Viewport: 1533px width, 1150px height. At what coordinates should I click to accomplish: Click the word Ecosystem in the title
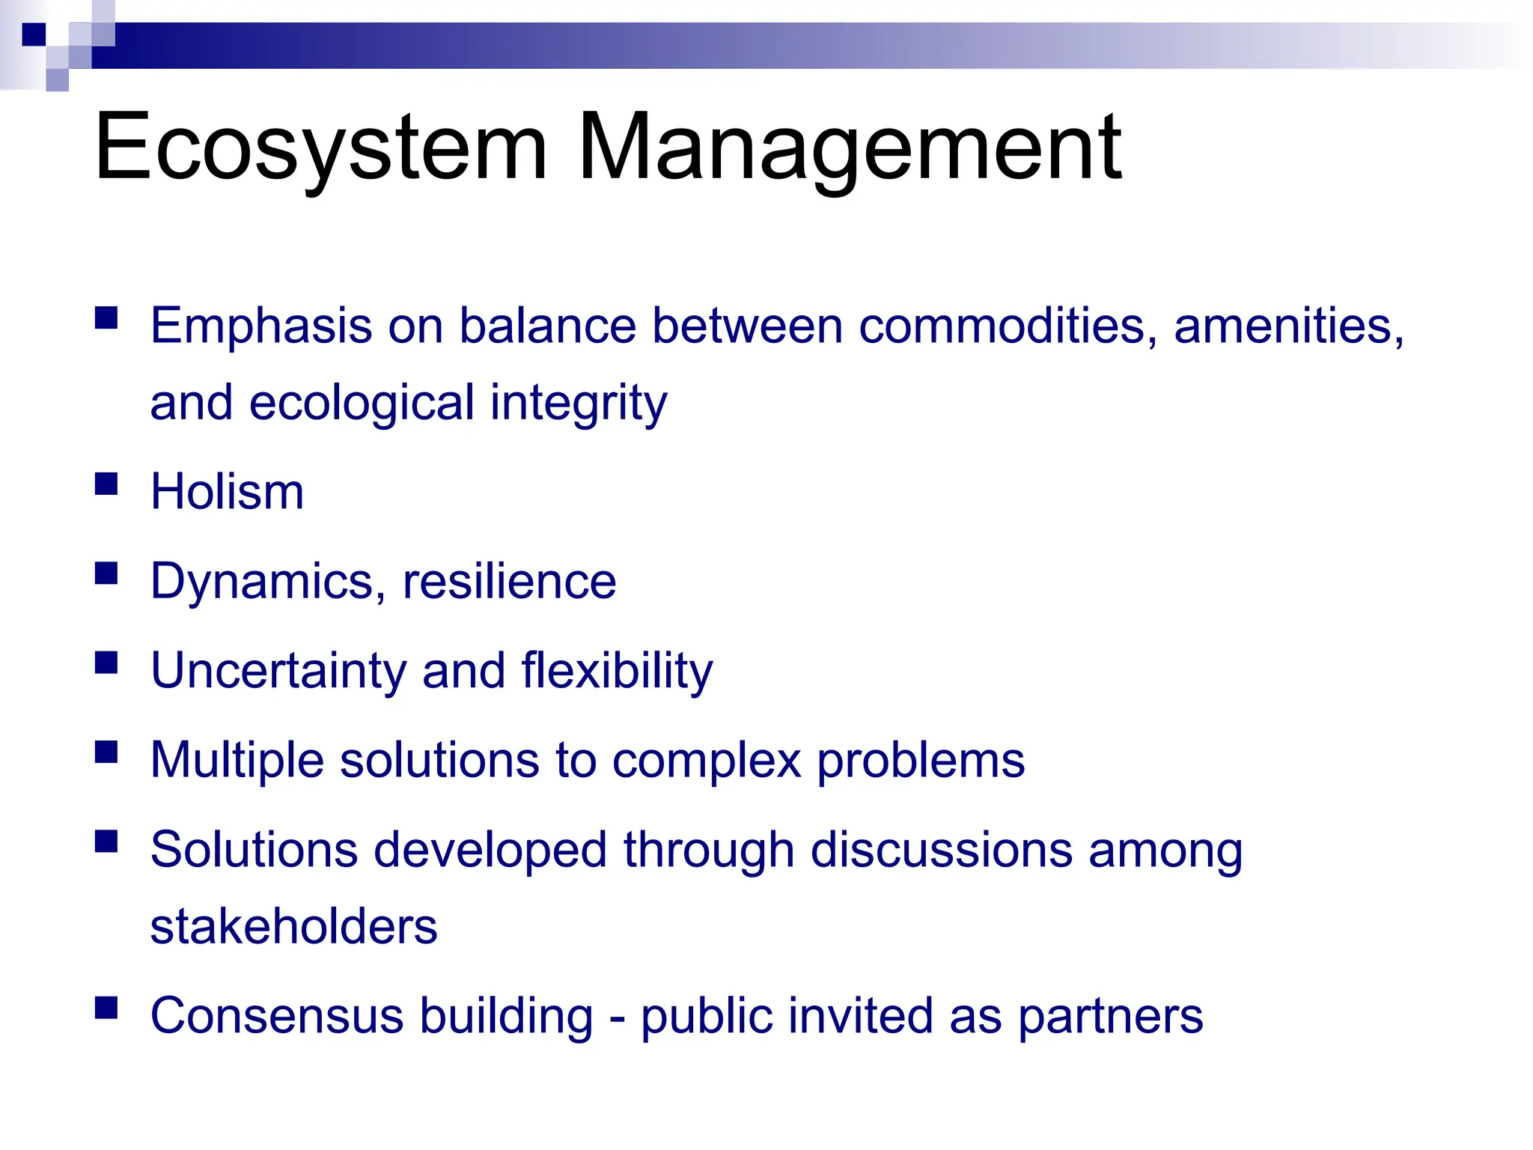pyautogui.click(x=320, y=147)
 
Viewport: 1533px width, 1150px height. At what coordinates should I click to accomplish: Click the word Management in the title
pyautogui.click(x=850, y=147)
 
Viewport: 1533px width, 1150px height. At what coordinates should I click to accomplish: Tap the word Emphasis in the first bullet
pyautogui.click(x=261, y=327)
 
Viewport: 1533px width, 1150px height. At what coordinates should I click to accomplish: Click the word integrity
pyautogui.click(x=578, y=404)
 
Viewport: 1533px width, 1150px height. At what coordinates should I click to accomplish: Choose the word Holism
pyautogui.click(x=228, y=492)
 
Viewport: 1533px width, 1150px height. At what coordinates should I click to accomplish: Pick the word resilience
pyautogui.click(x=509, y=581)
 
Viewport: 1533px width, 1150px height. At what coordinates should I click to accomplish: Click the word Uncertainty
pyautogui.click(x=278, y=671)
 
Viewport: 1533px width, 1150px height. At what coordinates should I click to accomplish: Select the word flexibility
pyautogui.click(x=617, y=672)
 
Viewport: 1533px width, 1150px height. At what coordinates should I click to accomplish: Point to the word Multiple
pyautogui.click(x=237, y=761)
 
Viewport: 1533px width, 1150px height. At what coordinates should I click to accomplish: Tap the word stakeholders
pyautogui.click(x=293, y=927)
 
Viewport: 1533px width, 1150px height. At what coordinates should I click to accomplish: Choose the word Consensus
pyautogui.click(x=277, y=1016)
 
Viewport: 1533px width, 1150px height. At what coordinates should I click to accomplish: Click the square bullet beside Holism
pyautogui.click(x=107, y=484)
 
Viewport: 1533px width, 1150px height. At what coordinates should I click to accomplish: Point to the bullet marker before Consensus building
pyautogui.click(x=107, y=1008)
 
